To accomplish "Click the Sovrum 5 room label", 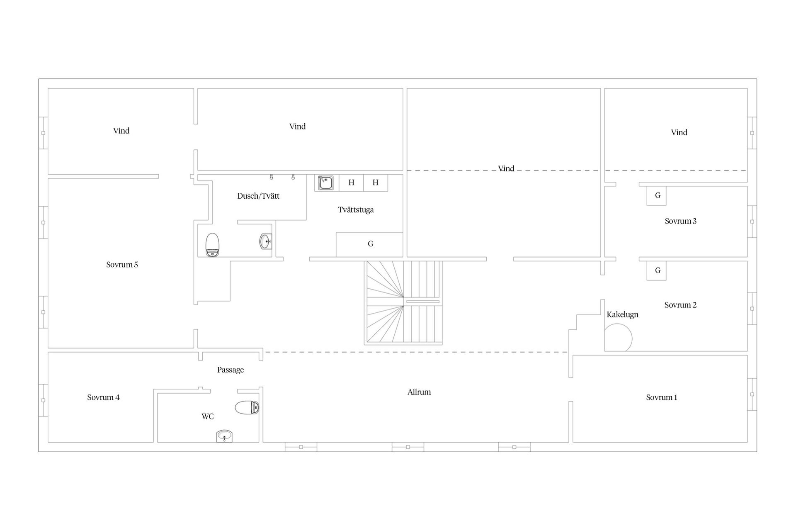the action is [x=122, y=265].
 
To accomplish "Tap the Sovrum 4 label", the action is [x=103, y=397].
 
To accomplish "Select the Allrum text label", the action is [x=419, y=392].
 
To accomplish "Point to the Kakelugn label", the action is [x=622, y=314].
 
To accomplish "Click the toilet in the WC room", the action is [x=247, y=407].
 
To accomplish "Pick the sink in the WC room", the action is [x=224, y=436].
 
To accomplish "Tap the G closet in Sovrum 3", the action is [x=657, y=196].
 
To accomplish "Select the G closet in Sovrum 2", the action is [x=657, y=270].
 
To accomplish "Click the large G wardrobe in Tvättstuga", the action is [x=369, y=245].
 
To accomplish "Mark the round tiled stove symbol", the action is [x=618, y=337].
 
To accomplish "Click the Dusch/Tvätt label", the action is [x=258, y=196].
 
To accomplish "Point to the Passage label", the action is [x=231, y=370].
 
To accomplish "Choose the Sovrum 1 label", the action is [x=662, y=397].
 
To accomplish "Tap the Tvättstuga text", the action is [x=356, y=210].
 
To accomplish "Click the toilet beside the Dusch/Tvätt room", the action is [x=212, y=245].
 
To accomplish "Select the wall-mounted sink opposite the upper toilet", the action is [x=266, y=241].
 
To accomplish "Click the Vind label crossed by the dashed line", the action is [x=506, y=168].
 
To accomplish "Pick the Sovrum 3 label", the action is [x=680, y=221].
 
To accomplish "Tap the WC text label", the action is [x=208, y=417].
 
